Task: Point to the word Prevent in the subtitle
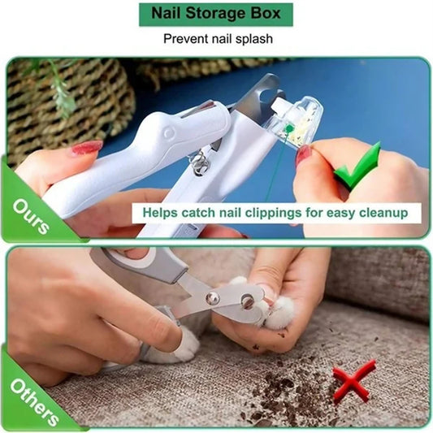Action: [184, 38]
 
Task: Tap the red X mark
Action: [354, 380]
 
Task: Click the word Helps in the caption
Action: [162, 213]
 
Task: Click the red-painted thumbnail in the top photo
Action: [85, 149]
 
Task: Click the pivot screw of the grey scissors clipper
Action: [213, 298]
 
